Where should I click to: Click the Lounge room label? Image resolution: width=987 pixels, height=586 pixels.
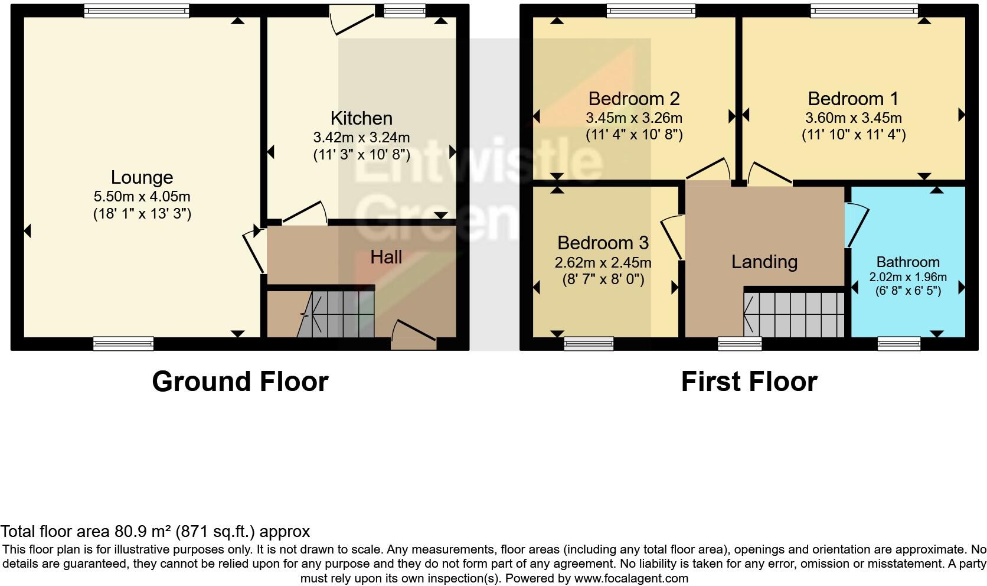click(142, 177)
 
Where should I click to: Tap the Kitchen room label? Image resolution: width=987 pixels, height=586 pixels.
click(361, 118)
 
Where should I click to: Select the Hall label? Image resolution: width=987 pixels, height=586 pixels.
click(386, 257)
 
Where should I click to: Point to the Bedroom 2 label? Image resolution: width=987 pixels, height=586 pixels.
click(634, 98)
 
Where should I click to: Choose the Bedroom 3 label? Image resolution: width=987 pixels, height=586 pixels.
click(603, 243)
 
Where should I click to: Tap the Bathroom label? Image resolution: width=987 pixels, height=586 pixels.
click(907, 262)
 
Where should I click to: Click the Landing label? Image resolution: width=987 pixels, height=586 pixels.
click(764, 262)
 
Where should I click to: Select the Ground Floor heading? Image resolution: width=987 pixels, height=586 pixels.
click(240, 382)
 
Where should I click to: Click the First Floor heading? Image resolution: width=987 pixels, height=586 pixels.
click(749, 382)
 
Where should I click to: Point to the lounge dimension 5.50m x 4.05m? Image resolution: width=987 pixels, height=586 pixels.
click(142, 197)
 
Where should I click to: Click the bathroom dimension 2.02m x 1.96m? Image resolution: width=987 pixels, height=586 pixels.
click(907, 277)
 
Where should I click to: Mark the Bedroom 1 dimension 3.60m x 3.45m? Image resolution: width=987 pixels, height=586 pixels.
click(853, 118)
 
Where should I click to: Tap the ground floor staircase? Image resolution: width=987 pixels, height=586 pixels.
click(336, 314)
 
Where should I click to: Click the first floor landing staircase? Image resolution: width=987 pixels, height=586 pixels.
click(795, 314)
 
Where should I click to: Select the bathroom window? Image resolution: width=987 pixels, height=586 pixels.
click(898, 343)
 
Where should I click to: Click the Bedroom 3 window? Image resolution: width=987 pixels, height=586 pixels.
click(588, 343)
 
